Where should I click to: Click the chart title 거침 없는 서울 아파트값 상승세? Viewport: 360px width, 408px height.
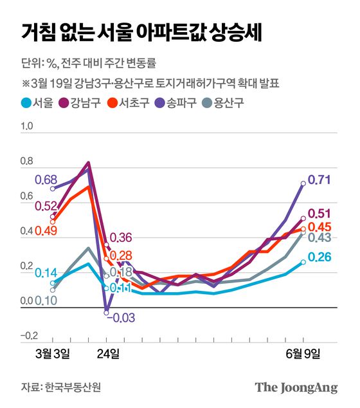pyautogui.click(x=141, y=32)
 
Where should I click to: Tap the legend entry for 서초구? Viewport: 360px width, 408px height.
pyautogui.click(x=132, y=101)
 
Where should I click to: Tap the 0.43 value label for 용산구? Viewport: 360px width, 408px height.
pyautogui.click(x=320, y=238)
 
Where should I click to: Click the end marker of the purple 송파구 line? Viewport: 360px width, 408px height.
pyautogui.click(x=303, y=183)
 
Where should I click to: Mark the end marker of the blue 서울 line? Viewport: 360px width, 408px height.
pyautogui.click(x=303, y=262)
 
